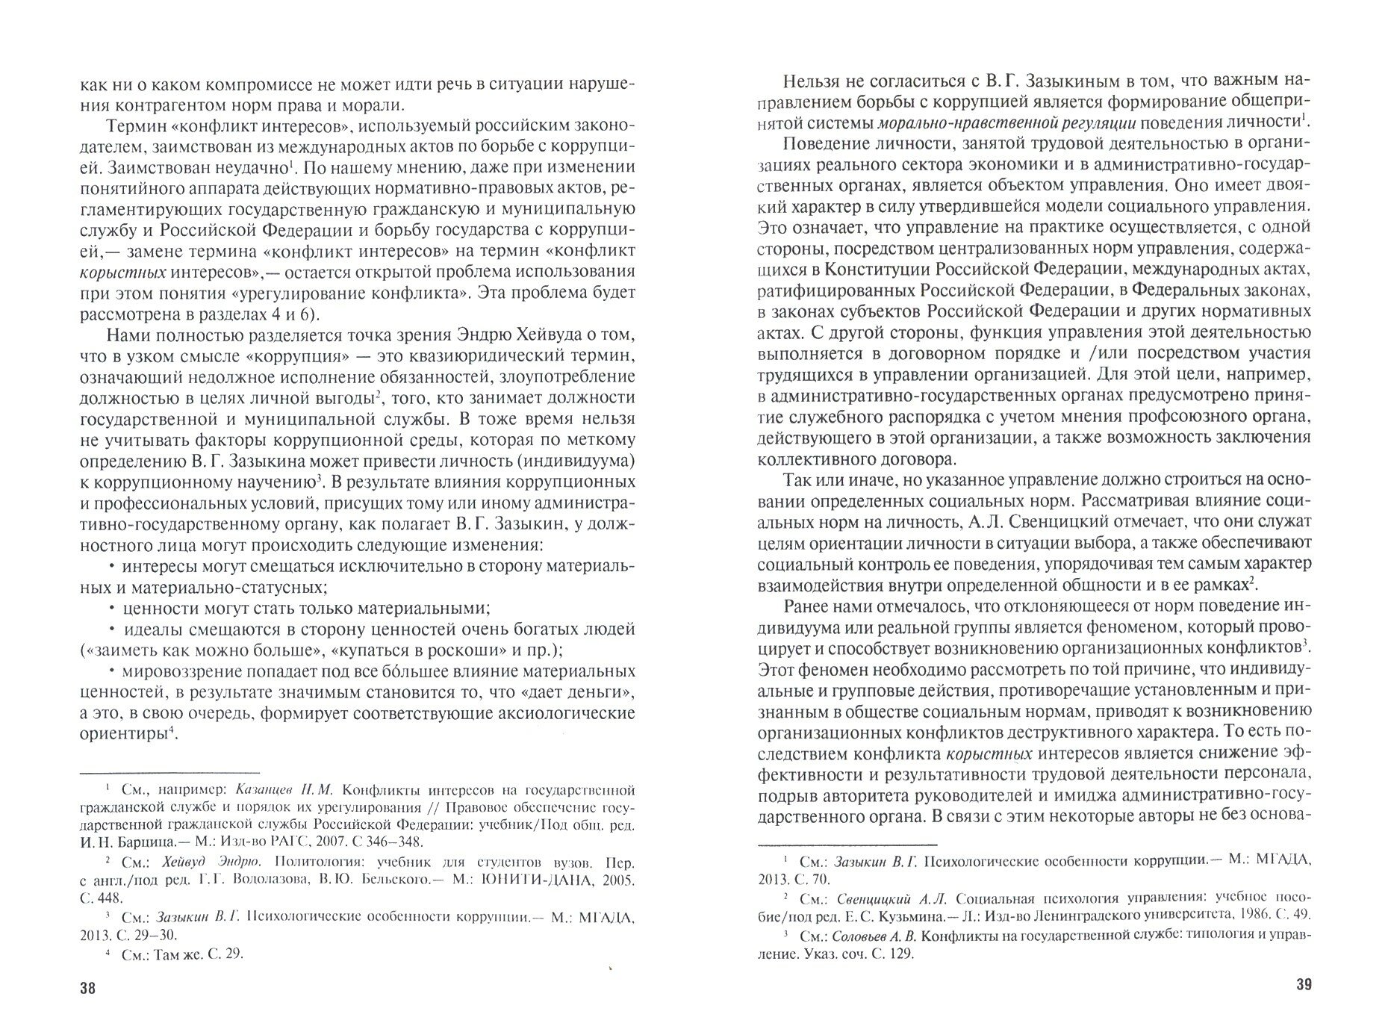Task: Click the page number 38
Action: (x=87, y=989)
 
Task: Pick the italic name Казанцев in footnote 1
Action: (x=265, y=789)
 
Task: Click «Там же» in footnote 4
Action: (x=183, y=953)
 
